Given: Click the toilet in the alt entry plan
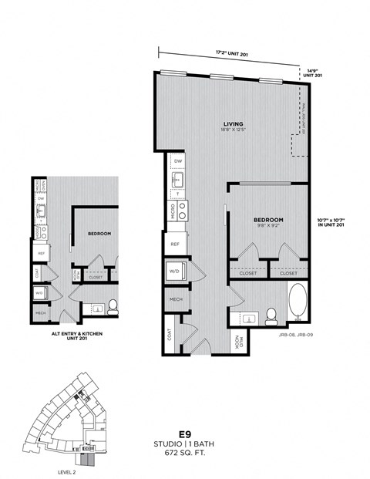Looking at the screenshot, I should (x=112, y=306).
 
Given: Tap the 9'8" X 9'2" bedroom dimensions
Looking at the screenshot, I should (x=269, y=228).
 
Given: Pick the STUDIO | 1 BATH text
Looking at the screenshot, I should (x=184, y=445).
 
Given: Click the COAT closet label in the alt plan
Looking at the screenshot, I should (x=38, y=272).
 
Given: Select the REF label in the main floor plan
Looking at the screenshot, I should (x=175, y=244).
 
